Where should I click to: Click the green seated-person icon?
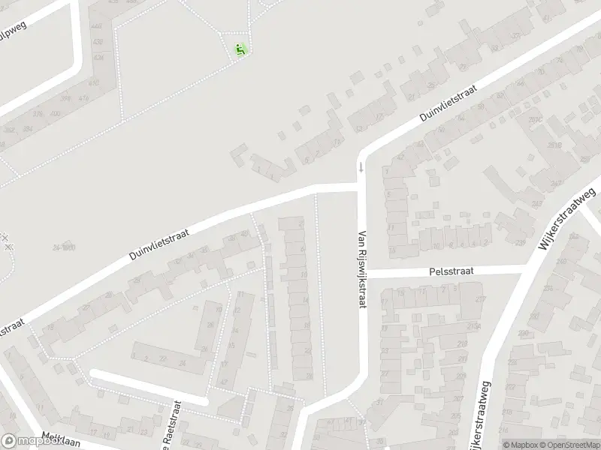(x=240, y=51)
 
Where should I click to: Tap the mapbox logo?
(x=30, y=441)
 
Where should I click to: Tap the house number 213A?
(x=473, y=327)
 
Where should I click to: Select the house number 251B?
(x=554, y=145)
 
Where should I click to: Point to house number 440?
(x=96, y=25)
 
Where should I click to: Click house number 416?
(x=84, y=98)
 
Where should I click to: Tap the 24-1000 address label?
(x=65, y=247)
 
